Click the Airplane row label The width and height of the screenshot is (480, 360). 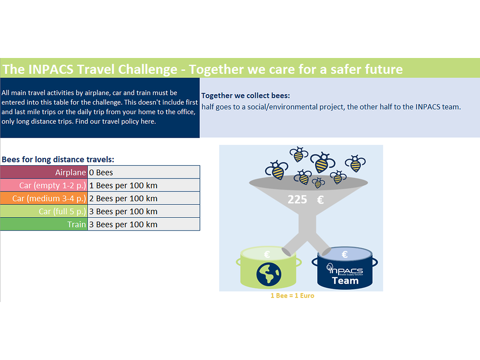tap(70, 173)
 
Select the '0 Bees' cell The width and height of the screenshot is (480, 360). tap(101, 173)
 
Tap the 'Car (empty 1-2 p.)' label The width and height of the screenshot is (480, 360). tap(53, 185)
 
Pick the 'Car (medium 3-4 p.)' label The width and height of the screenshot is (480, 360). tap(49, 198)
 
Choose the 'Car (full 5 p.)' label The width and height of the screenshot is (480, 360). tap(62, 211)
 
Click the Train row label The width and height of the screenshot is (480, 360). tap(77, 224)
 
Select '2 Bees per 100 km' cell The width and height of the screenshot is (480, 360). tap(123, 198)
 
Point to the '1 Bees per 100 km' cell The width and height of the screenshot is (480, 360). tap(123, 185)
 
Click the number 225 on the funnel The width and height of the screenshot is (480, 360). tap(298, 200)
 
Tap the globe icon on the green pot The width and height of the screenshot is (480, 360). tap(269, 274)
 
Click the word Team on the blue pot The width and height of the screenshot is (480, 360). tap(345, 281)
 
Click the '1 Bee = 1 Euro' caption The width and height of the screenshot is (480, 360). tap(292, 296)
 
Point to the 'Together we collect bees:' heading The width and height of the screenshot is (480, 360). tap(245, 95)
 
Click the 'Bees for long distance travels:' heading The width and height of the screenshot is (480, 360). tap(58, 160)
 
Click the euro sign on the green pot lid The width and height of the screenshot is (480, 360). tap(267, 254)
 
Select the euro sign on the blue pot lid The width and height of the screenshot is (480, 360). tap(345, 254)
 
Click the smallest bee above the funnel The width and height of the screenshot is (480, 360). tap(318, 183)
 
